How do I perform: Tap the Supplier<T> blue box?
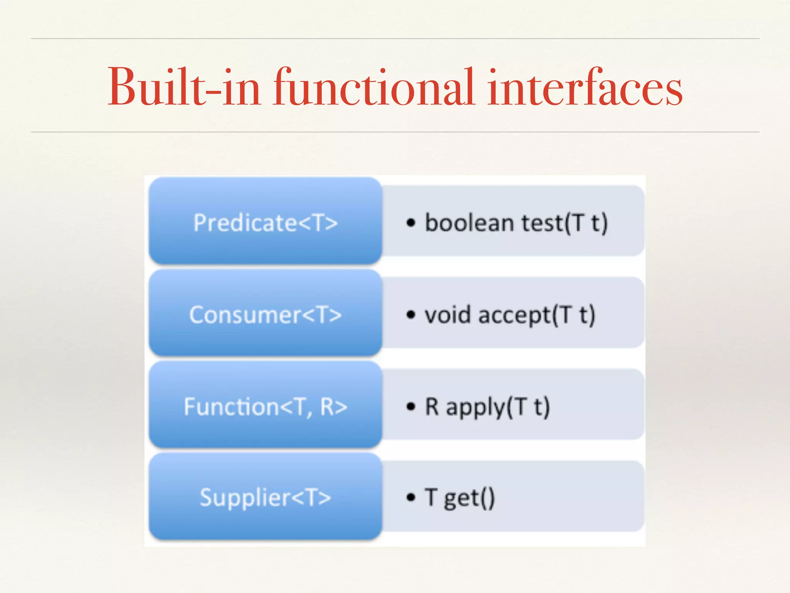click(x=265, y=496)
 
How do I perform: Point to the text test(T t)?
click(x=564, y=223)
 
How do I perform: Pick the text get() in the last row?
click(x=469, y=498)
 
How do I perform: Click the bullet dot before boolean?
click(x=411, y=223)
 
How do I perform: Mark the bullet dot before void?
click(x=411, y=315)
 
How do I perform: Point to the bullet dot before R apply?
click(x=411, y=407)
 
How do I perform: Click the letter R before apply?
click(x=432, y=406)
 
